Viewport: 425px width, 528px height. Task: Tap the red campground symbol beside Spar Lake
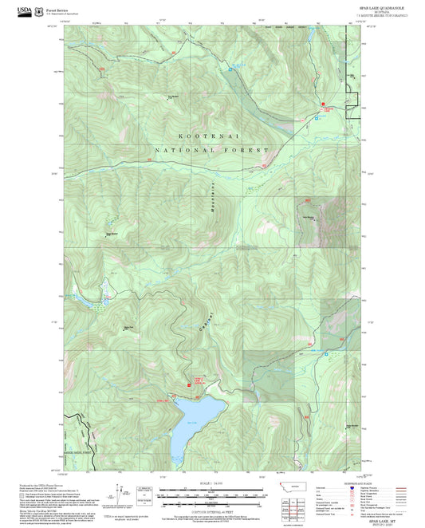[190, 380]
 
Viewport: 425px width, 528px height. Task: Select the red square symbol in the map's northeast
[323, 104]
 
